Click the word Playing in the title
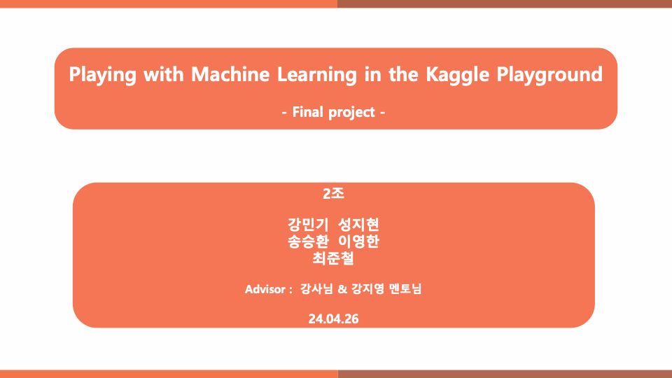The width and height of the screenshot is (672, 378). click(102, 76)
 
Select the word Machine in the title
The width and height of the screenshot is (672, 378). click(230, 75)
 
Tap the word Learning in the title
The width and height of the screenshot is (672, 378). click(316, 76)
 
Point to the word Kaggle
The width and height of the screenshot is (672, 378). click(457, 76)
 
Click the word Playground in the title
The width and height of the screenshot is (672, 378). click(549, 76)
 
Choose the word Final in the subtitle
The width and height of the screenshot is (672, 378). click(307, 112)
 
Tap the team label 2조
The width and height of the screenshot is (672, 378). click(333, 194)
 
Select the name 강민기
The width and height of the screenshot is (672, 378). click(308, 224)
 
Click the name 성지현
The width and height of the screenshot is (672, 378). click(358, 224)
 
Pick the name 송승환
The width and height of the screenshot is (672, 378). click(308, 241)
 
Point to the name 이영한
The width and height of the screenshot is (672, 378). click(358, 241)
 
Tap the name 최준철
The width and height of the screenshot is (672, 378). click(333, 258)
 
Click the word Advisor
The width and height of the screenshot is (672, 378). click(265, 289)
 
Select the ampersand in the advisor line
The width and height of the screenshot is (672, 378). click(342, 289)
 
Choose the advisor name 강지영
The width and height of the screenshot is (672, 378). click(367, 289)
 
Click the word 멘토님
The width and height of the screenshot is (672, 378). click(405, 289)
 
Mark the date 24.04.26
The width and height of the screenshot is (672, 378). click(333, 319)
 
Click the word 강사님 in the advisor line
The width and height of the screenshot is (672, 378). click(316, 289)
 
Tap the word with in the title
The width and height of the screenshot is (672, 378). click(164, 75)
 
